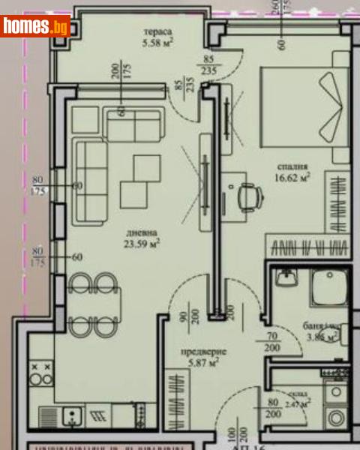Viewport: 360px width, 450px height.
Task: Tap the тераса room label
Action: click(158, 32)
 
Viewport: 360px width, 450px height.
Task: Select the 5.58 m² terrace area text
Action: click(158, 43)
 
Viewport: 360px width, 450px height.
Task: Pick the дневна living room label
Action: click(142, 231)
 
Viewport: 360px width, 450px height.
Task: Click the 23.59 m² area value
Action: click(142, 242)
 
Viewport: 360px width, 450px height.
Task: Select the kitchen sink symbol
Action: click(71, 414)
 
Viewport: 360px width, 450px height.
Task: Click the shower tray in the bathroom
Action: click(327, 289)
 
